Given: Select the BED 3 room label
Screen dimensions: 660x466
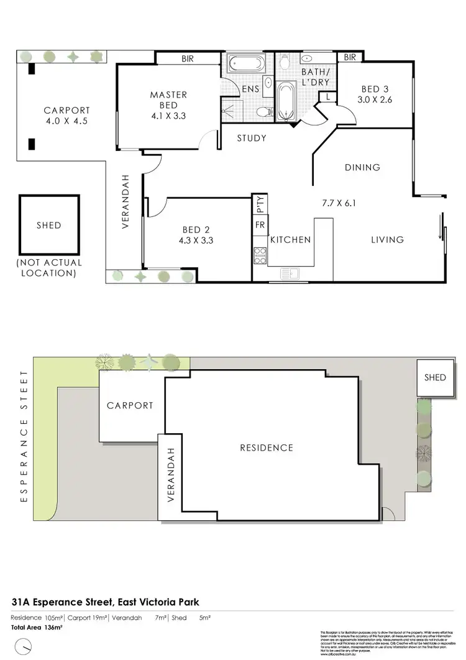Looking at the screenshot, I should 375,88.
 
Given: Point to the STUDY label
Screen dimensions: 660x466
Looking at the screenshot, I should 252,138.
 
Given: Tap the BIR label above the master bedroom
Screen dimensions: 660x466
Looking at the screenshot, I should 188,58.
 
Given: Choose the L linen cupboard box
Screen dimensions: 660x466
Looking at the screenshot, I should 327,96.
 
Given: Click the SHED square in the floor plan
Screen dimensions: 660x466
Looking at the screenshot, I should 48,224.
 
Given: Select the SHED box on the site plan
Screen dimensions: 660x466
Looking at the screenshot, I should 435,377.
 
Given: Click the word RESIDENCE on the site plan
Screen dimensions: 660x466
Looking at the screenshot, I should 267,447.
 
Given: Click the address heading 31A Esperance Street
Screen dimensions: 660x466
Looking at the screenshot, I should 105,602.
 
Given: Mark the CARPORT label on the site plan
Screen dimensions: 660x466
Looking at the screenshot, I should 130,405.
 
